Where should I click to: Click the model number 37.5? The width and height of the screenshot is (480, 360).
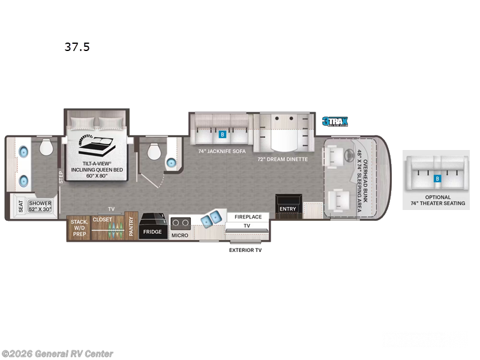(x=77, y=47)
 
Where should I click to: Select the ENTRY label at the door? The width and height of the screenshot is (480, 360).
(x=288, y=209)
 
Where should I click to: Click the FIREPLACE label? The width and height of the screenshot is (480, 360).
(x=248, y=217)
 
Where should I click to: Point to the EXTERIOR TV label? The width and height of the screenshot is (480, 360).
(x=245, y=250)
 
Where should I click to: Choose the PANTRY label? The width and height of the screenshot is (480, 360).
(x=131, y=227)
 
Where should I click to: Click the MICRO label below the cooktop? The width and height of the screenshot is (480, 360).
(x=179, y=235)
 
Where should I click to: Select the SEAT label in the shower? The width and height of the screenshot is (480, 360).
(x=20, y=207)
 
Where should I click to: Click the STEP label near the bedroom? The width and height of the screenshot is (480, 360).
(x=60, y=178)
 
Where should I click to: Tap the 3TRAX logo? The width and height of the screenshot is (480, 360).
(x=335, y=121)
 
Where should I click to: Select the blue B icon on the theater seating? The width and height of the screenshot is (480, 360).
(x=437, y=178)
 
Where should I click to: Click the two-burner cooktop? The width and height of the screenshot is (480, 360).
(x=179, y=223)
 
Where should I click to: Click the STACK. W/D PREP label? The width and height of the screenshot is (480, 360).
(x=79, y=227)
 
